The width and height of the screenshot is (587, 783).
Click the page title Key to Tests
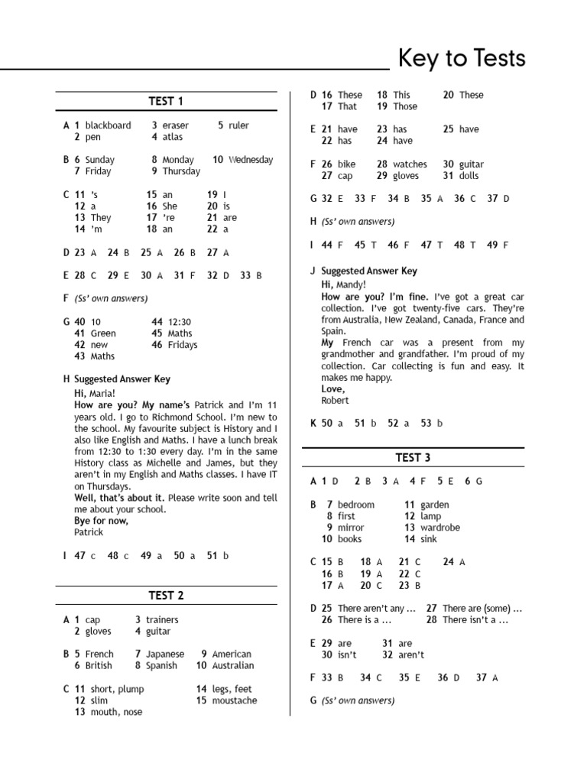click(462, 58)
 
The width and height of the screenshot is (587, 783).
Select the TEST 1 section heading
click(166, 102)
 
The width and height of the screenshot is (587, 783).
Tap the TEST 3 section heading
click(413, 457)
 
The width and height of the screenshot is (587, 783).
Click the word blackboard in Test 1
click(108, 125)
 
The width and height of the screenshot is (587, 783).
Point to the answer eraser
click(175, 125)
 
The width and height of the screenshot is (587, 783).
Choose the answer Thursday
click(181, 171)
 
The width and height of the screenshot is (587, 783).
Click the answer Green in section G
click(103, 333)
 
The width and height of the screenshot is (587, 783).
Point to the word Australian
click(233, 665)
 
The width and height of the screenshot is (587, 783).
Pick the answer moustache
click(235, 700)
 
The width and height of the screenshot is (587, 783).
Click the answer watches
click(410, 164)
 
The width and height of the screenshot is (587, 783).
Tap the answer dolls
click(469, 176)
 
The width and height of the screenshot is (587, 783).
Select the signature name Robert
click(335, 400)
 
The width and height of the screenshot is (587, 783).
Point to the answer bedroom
click(356, 505)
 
